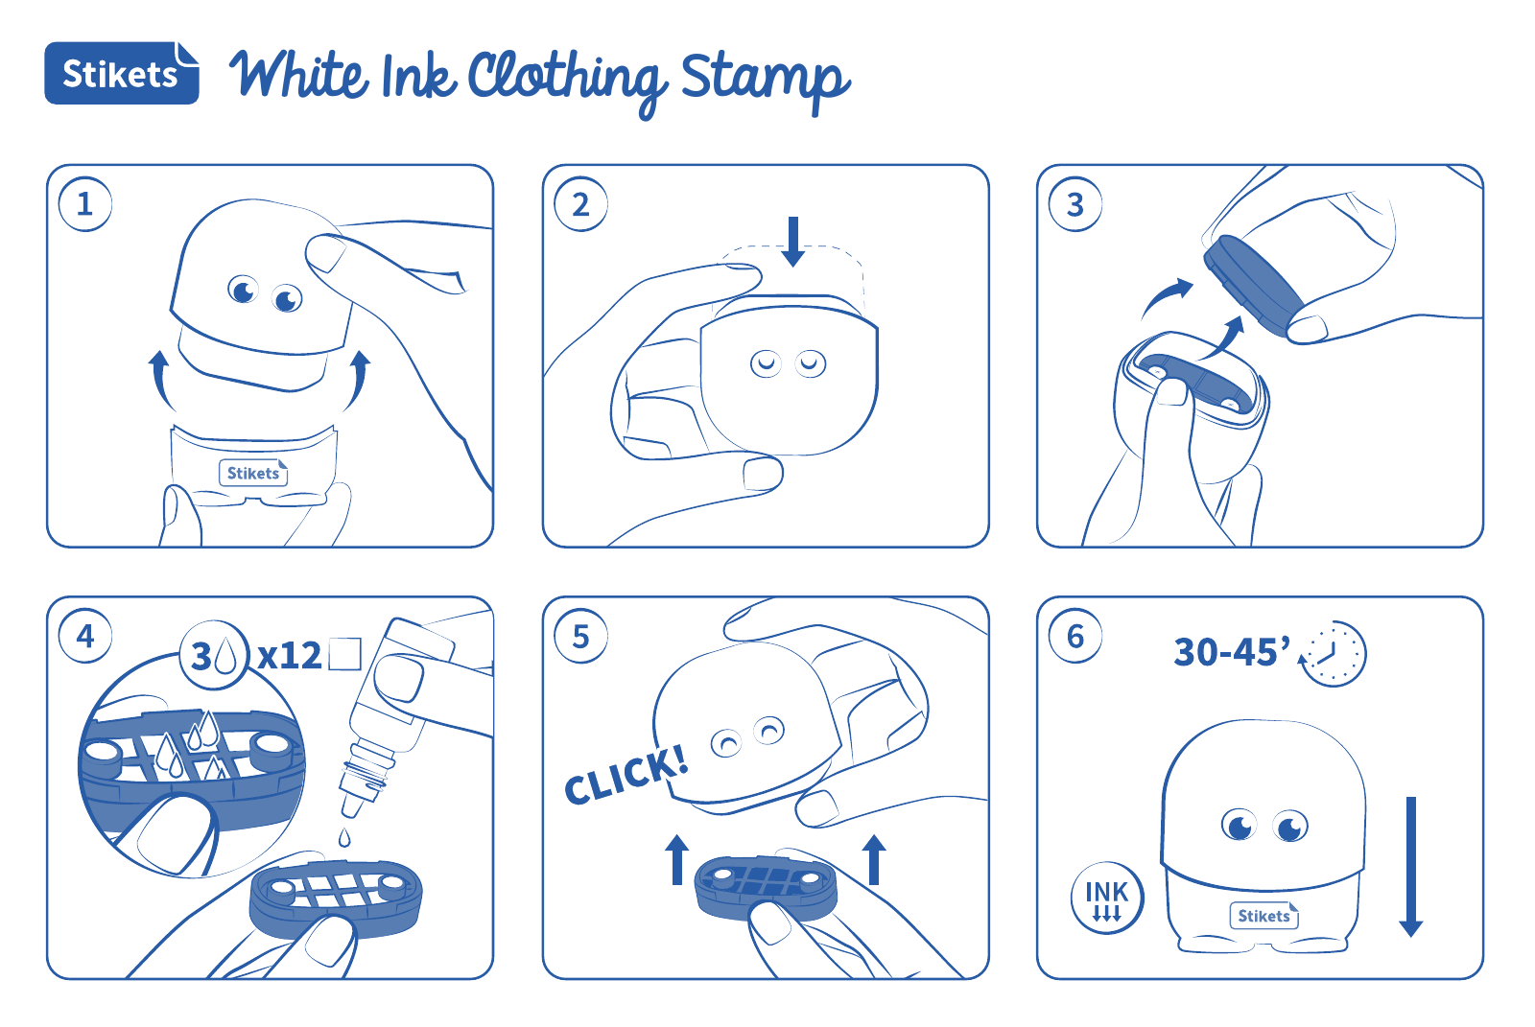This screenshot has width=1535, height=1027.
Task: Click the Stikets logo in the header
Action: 122,73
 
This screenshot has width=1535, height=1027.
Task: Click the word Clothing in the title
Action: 566,81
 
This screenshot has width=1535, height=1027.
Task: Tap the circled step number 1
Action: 85,204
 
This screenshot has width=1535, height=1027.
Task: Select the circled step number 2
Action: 580,204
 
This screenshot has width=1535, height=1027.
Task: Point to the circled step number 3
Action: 1075,204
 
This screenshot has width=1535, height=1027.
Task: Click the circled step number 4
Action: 85,637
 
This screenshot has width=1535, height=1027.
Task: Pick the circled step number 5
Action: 580,637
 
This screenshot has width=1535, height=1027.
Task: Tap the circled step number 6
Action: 1075,637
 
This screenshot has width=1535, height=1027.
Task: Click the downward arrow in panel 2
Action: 792,242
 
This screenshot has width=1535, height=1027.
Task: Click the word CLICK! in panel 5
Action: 626,775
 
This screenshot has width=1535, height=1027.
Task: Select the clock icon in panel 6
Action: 1333,654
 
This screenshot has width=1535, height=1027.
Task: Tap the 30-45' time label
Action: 1232,651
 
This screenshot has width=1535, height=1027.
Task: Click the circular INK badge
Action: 1107,899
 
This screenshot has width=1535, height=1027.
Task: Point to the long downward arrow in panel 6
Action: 1411,867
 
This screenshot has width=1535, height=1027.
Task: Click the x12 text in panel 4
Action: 289,656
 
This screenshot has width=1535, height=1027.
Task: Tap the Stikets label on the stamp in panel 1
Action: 253,473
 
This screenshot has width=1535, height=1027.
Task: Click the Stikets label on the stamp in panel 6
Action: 1263,916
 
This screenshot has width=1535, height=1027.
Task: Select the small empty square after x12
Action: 344,654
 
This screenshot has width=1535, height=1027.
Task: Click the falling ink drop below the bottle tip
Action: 344,837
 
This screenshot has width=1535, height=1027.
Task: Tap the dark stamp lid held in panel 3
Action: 1254,285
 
